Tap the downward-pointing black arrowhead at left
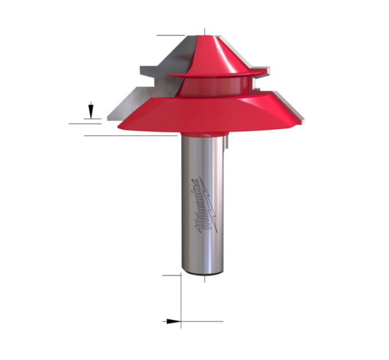click(x=91, y=111)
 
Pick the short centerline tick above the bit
click(x=205, y=31)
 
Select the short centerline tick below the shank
click(x=205, y=279)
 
